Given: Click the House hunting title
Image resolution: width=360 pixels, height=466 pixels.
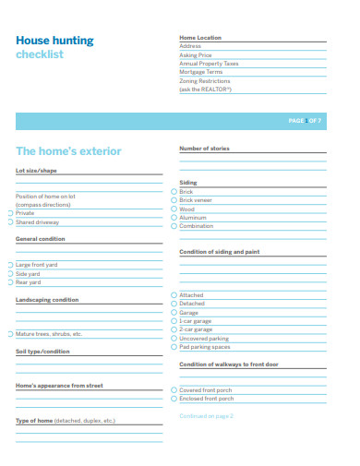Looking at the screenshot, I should [x=54, y=41].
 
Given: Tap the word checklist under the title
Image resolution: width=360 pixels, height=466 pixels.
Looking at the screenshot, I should [x=40, y=55].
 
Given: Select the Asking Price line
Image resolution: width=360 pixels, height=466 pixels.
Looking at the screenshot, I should [x=196, y=54].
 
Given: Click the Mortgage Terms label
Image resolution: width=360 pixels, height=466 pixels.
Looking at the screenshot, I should [x=200, y=72].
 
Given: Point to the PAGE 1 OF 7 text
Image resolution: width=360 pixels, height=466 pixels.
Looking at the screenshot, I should [x=305, y=121].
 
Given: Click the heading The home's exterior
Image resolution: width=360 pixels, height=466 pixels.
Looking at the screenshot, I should [x=68, y=150].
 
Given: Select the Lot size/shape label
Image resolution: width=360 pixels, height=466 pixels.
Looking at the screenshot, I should [x=36, y=171].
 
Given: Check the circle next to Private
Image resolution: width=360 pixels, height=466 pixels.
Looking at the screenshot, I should [x=10, y=213].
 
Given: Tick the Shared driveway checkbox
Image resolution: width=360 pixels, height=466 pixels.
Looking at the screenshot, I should [x=10, y=222].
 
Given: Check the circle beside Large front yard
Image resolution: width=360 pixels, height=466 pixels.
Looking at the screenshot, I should [x=10, y=265].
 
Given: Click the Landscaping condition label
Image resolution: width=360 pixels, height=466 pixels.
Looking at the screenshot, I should [x=47, y=300].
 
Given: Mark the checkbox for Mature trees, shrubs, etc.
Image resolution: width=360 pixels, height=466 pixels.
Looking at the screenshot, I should [x=10, y=334].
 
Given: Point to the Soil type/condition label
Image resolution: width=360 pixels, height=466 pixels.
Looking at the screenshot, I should [x=42, y=352].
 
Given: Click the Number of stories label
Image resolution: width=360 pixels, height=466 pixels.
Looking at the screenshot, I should [x=204, y=149].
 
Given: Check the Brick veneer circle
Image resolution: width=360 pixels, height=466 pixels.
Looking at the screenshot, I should [x=174, y=200].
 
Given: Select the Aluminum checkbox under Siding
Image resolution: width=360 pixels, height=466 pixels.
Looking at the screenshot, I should [x=174, y=218].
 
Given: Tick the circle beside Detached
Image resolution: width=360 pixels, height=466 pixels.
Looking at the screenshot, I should [x=174, y=304].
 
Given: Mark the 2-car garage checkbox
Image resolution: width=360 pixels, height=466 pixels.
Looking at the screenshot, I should [x=174, y=329].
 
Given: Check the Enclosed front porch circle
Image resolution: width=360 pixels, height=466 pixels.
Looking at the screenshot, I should [x=174, y=400].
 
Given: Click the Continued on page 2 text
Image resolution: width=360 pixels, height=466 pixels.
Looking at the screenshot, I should [x=206, y=416].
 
